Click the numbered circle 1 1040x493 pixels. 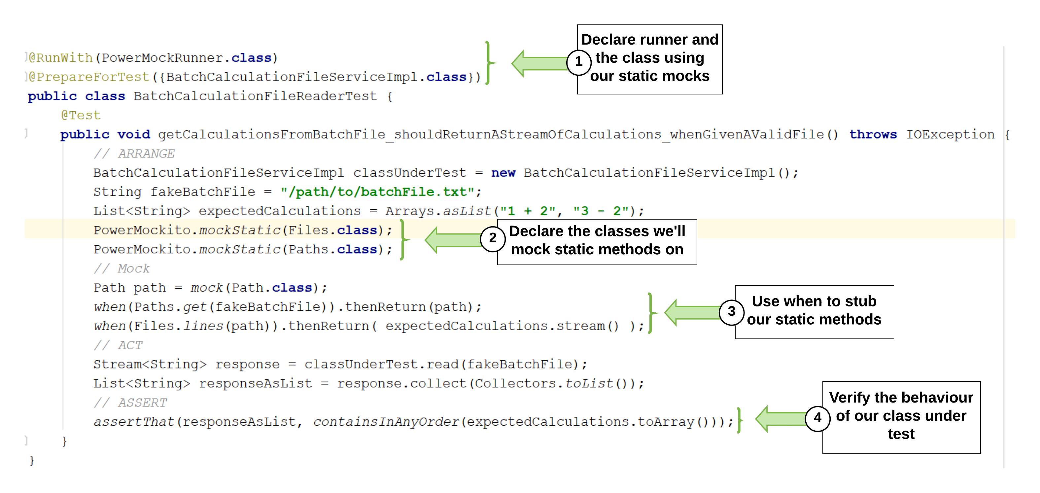coord(578,62)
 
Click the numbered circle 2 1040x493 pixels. coord(493,238)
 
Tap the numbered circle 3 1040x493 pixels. coord(731,312)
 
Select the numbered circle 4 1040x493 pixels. coord(817,418)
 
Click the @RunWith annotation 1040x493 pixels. coord(60,58)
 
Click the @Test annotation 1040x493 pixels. coord(81,116)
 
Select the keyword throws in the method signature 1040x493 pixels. coord(873,134)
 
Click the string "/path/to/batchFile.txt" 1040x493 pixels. coord(377,192)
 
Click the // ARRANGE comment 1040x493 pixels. coord(134,154)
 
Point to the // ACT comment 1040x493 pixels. coord(118,345)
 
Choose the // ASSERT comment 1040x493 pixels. coord(130,403)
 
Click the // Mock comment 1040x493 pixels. coord(121,268)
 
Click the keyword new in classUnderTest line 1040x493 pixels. coord(503,173)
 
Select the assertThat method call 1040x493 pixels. coord(134,422)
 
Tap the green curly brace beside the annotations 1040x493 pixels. coord(490,63)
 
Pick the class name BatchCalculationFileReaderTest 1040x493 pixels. coord(255,96)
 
